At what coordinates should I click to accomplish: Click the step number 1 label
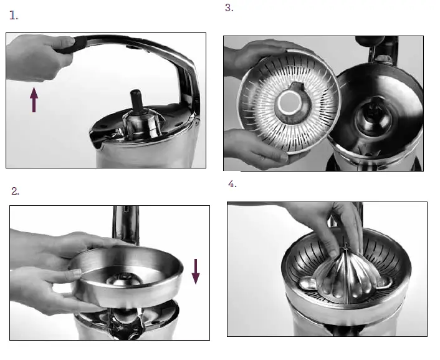click(x=14, y=16)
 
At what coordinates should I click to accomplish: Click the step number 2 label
click(x=16, y=191)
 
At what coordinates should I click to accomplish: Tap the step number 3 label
click(x=229, y=8)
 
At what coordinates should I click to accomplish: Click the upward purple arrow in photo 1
click(x=34, y=100)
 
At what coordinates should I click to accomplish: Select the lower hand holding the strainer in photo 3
click(x=249, y=150)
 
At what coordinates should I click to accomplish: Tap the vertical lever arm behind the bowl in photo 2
click(x=121, y=221)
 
